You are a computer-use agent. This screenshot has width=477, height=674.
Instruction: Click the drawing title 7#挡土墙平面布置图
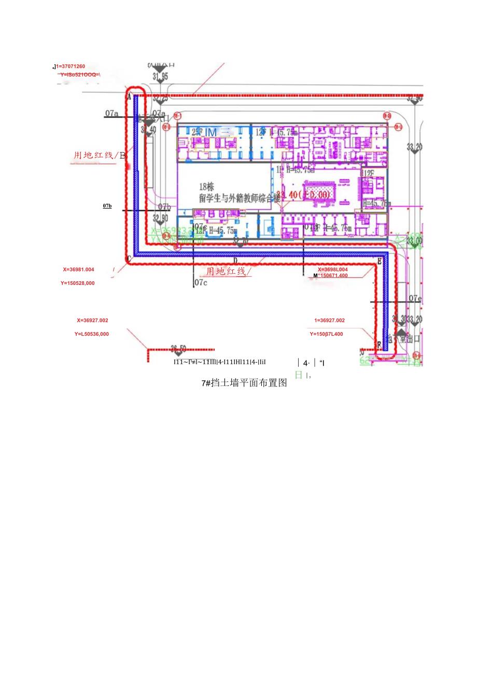click(244, 383)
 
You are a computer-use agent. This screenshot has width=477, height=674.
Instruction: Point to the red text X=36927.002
click(93, 321)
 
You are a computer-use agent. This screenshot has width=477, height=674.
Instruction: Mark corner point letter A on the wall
click(129, 97)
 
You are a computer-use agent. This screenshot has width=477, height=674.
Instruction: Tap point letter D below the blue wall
click(235, 261)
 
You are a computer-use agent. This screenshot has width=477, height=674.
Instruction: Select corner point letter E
click(379, 262)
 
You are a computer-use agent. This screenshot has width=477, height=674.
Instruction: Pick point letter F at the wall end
click(378, 344)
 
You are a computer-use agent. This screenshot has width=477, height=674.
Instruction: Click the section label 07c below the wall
click(201, 283)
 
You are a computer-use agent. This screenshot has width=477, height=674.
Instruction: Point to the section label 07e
click(415, 298)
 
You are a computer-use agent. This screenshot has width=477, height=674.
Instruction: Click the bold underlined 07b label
click(107, 206)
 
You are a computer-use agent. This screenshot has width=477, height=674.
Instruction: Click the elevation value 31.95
click(161, 77)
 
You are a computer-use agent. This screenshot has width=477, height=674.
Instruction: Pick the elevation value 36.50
click(178, 349)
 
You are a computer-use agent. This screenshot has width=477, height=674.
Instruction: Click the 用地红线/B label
click(100, 155)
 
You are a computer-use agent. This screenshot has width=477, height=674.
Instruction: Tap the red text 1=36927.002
click(329, 321)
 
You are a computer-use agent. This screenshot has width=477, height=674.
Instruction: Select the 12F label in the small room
click(368, 173)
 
